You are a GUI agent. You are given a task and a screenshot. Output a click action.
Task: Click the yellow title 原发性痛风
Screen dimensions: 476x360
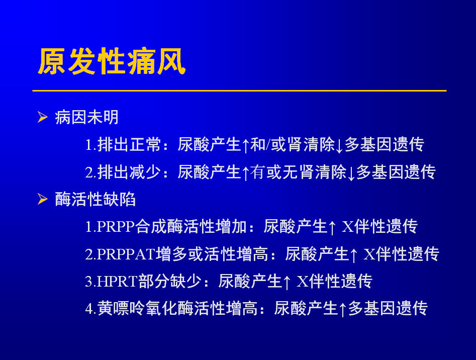tap(112, 61)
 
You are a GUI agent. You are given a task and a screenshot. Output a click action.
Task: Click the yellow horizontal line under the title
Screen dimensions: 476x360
tap(240, 91)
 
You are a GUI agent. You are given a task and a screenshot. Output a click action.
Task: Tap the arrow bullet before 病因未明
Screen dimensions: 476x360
tap(43, 117)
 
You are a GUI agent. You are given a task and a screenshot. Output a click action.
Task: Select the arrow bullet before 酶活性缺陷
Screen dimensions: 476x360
tap(43, 199)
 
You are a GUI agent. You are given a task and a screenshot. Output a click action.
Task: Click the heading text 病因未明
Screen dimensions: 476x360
tap(86, 118)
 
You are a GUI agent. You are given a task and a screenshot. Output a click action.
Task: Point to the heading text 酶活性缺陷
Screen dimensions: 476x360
tap(95, 200)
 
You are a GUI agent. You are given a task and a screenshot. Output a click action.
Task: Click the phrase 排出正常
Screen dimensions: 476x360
tap(129, 144)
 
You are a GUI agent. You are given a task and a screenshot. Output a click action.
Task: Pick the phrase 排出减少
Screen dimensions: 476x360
tap(129, 172)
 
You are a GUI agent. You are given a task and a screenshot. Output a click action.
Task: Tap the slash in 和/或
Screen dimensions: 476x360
tap(268, 144)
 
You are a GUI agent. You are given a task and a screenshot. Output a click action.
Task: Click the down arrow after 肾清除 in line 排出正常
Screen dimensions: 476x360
tap(339, 145)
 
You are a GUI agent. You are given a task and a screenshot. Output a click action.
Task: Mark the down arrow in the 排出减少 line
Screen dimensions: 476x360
tap(351, 173)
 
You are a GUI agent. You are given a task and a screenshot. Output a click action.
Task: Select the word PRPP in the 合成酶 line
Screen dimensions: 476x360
tap(116, 226)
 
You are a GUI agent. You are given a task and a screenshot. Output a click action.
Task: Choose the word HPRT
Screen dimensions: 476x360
tap(117, 281)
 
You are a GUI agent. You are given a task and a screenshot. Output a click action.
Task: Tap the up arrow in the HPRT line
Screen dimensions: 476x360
tap(287, 282)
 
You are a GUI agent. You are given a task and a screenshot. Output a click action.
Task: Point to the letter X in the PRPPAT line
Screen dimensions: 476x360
tap(369, 254)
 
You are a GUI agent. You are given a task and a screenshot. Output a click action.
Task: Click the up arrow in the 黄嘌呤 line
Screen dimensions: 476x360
tap(342, 309)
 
